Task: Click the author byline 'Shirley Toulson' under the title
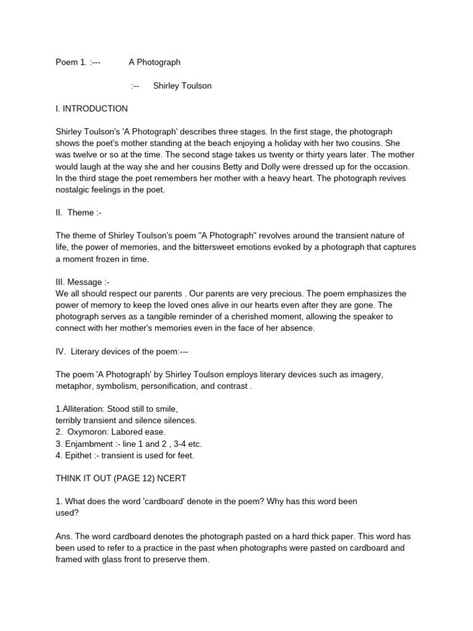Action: (182, 86)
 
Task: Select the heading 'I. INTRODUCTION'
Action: (92, 109)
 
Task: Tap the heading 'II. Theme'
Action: (76, 213)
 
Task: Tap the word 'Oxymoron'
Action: (88, 432)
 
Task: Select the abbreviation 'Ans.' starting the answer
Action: (64, 536)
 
